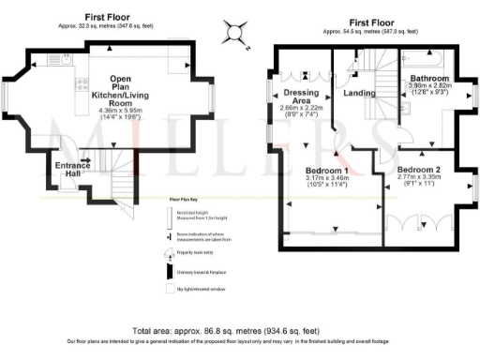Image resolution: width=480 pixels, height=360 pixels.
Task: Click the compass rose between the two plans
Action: coord(237,33)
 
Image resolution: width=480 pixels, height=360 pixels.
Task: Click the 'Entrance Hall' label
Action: coord(72,170)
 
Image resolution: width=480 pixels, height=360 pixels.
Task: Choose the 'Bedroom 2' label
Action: coord(422,169)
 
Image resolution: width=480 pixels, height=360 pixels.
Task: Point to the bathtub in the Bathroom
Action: coord(427,54)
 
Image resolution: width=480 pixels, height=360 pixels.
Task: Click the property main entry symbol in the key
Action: coord(169,253)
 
